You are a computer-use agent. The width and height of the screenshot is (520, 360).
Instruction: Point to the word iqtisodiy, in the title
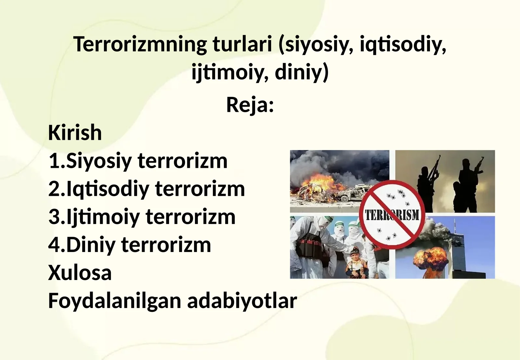403,45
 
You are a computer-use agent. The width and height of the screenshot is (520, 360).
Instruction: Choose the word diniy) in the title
302,72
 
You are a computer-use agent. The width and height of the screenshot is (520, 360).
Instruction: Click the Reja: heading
250,105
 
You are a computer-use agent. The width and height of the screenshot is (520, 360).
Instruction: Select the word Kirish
75,133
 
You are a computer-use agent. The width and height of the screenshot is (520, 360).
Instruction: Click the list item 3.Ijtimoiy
94,217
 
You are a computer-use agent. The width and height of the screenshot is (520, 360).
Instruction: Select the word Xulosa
80,273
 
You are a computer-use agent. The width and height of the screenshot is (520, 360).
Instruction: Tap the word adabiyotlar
242,301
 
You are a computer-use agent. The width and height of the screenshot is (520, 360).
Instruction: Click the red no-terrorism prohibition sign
392,215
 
